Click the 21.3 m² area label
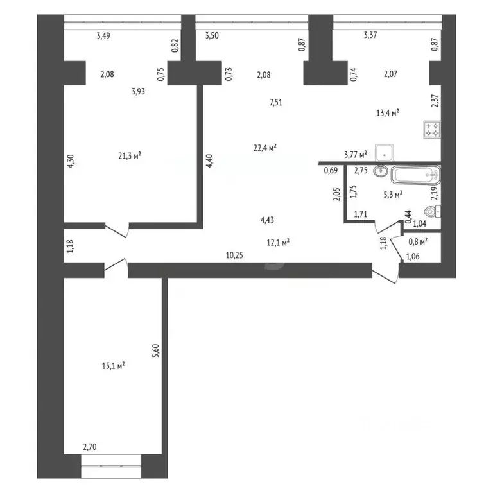click(130, 155)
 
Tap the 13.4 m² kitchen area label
click(388, 113)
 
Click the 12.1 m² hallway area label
click(277, 242)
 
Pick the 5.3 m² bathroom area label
click(393, 193)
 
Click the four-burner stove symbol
click(431, 130)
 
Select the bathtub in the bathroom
click(416, 175)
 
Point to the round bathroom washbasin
click(381, 171)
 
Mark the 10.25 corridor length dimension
click(234, 255)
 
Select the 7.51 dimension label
click(277, 101)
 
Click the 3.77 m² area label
click(355, 154)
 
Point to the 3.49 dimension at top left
click(103, 36)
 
